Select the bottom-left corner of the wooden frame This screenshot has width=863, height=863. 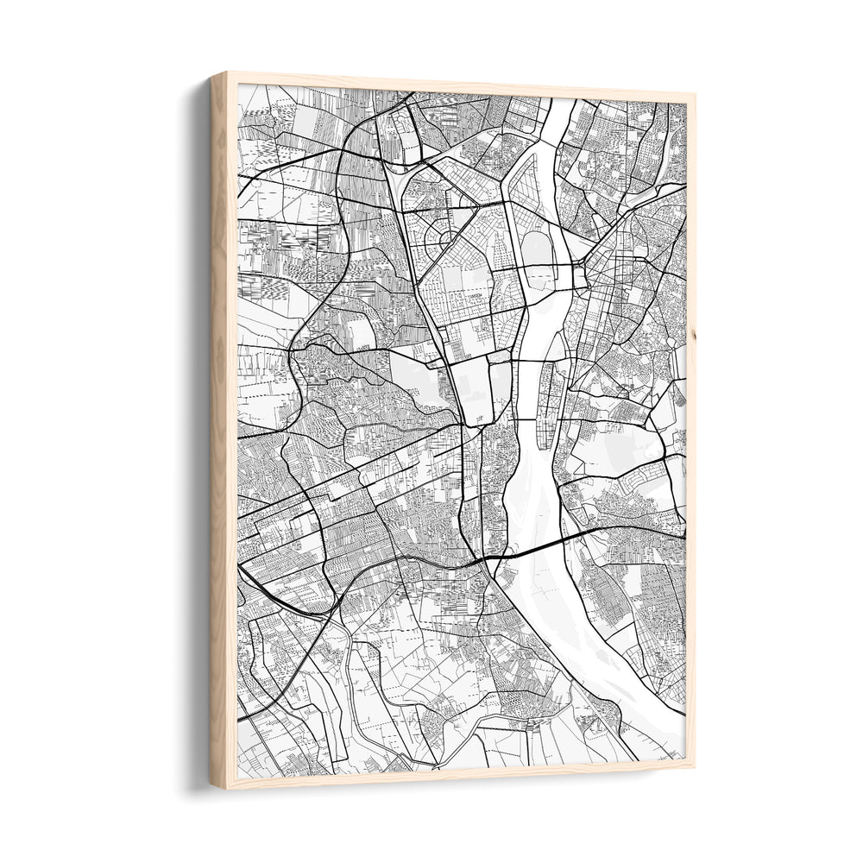212,787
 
